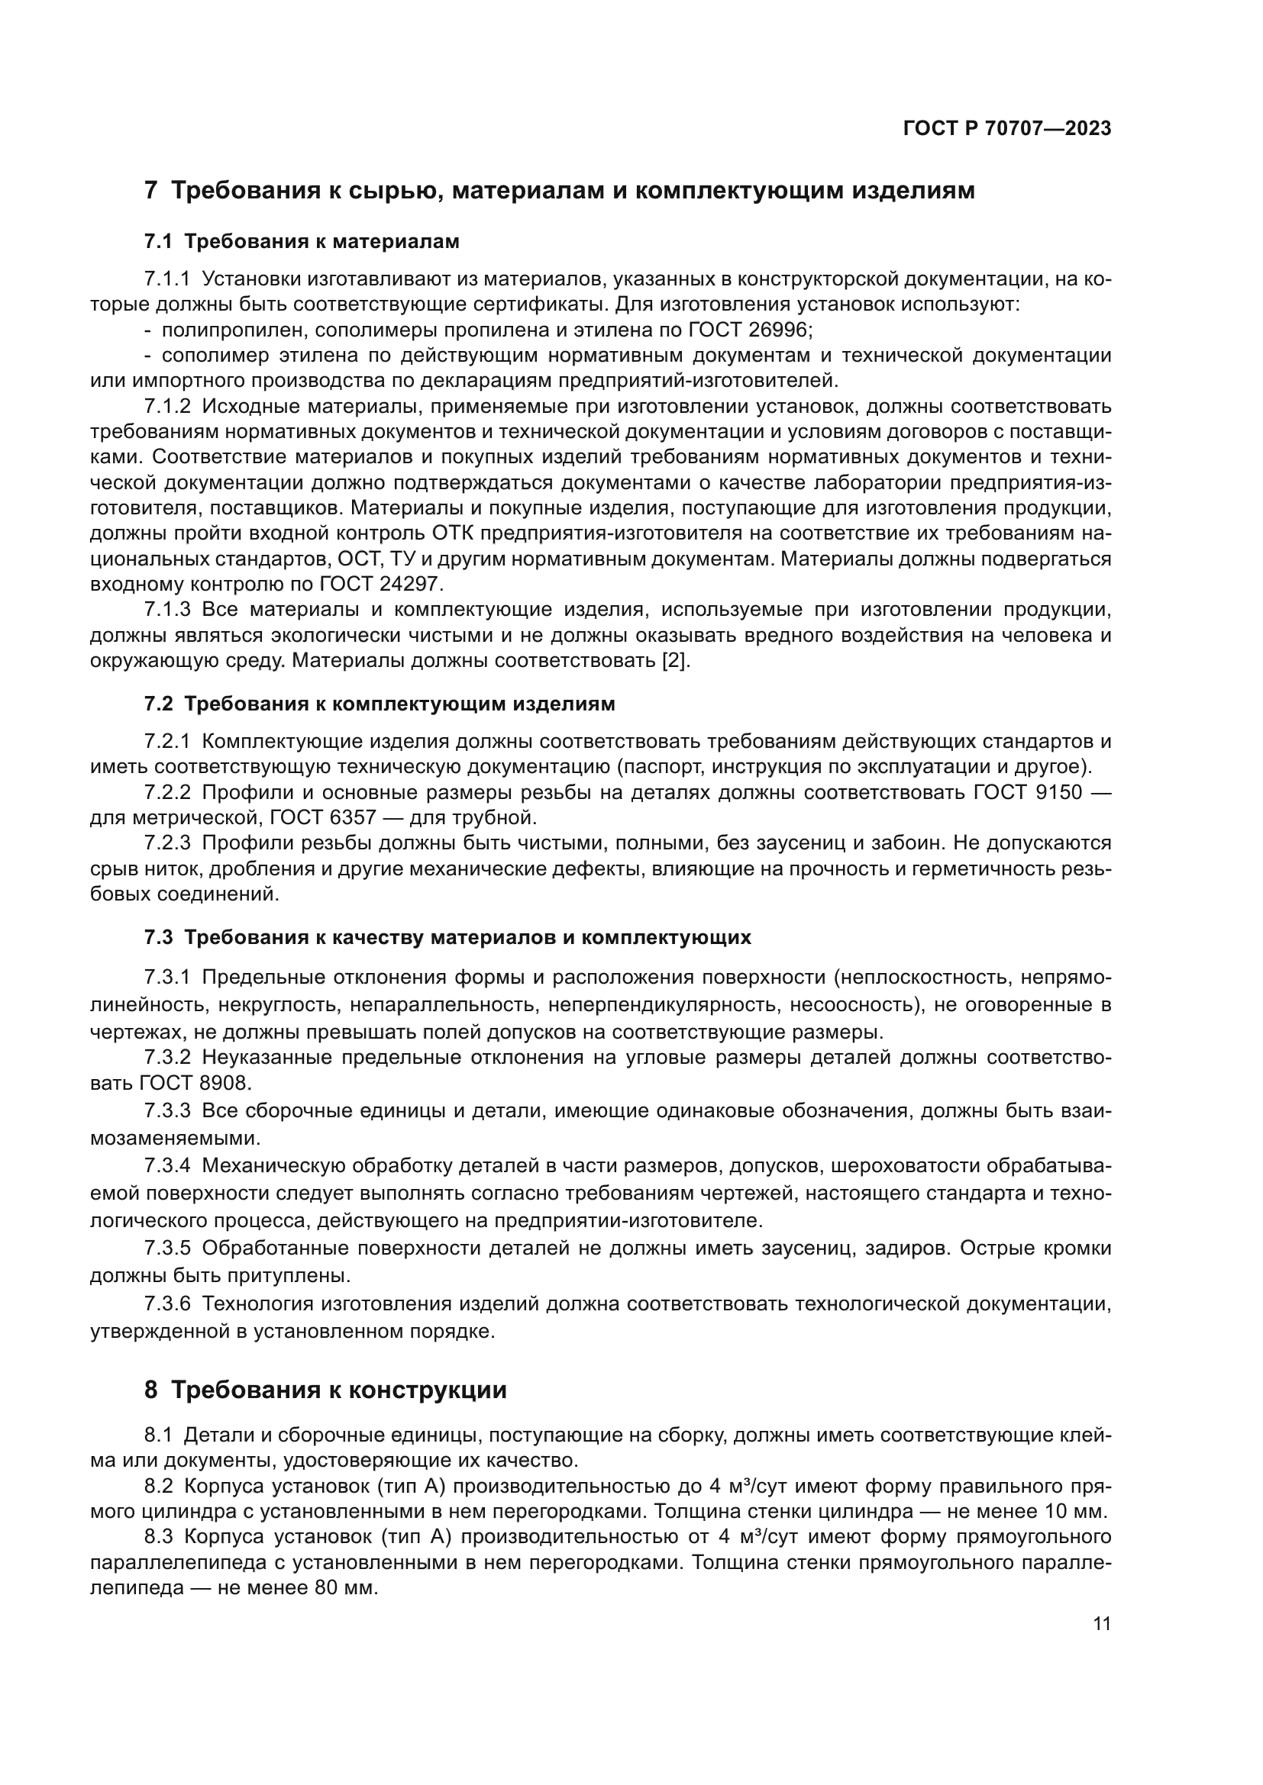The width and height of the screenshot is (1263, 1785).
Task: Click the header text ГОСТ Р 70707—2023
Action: pos(1006,129)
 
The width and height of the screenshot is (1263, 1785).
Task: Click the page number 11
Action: pos(1101,1624)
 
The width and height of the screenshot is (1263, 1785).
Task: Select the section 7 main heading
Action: pos(559,191)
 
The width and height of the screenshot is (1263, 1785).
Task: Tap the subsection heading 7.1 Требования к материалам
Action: pos(302,242)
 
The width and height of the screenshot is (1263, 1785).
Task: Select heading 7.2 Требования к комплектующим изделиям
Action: pos(380,704)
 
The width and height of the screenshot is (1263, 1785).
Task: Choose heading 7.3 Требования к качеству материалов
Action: pos(447,938)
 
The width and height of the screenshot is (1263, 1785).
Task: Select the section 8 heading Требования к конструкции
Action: pos(325,1390)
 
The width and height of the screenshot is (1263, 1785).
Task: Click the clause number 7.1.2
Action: pos(167,407)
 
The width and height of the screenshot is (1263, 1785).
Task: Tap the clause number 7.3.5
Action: pos(167,1249)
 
